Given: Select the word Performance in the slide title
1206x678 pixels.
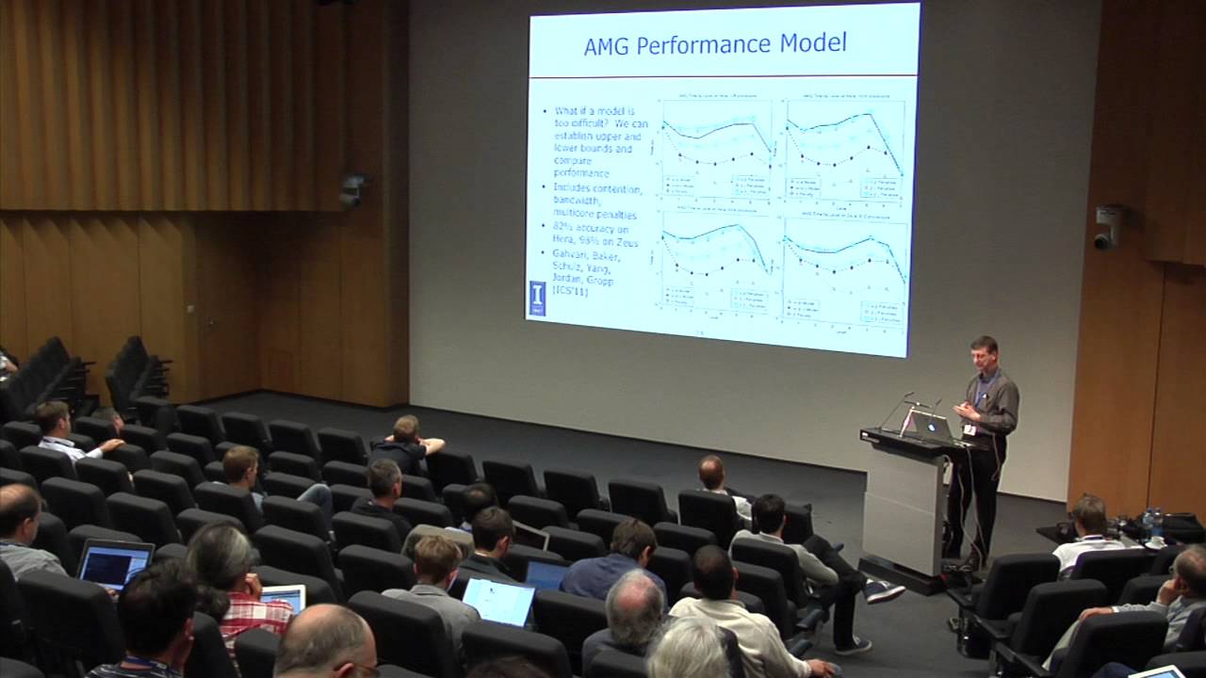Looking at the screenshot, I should pos(709,44).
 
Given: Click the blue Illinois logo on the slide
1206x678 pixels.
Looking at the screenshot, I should pos(536,297).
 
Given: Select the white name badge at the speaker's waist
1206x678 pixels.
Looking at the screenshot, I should pos(969,429).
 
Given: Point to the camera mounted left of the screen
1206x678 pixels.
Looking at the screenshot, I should pos(351,190).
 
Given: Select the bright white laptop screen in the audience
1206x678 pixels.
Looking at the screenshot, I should pos(498,602).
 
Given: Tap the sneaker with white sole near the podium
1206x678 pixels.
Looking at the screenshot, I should pos(884,591).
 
